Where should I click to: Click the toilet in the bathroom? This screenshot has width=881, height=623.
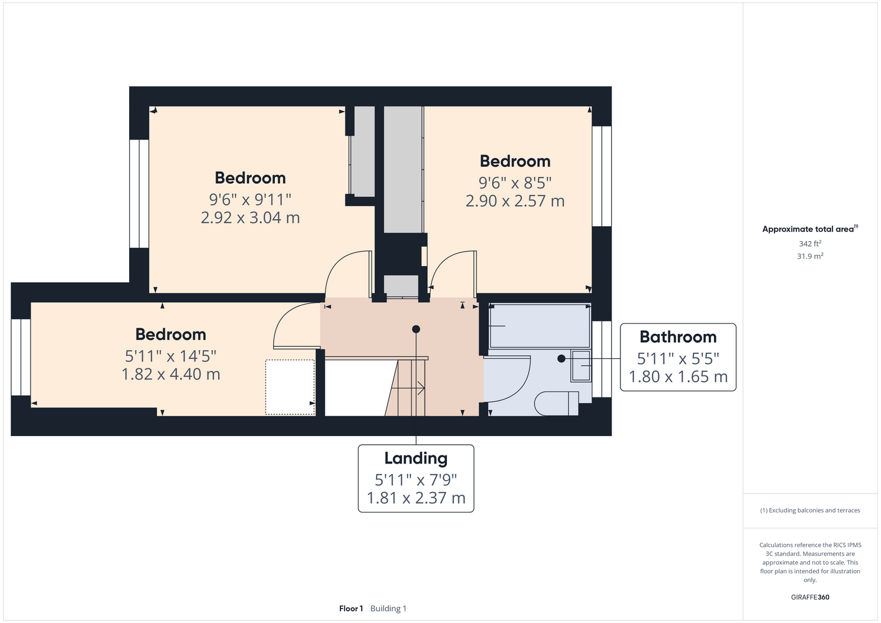pos(556,403)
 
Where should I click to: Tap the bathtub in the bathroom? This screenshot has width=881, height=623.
pos(539,326)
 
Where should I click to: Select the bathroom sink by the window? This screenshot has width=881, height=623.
pos(581,366)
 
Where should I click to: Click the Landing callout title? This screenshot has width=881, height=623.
pos(416,459)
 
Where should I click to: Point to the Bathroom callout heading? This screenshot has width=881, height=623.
pos(678,337)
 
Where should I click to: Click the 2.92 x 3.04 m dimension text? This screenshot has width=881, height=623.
pos(250,217)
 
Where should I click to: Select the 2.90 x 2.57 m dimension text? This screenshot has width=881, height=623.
pos(515,201)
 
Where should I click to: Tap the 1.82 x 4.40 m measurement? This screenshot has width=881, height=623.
pos(171,374)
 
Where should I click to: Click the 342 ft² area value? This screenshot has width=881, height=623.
pos(810,244)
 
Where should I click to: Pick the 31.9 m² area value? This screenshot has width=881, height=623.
pos(810,256)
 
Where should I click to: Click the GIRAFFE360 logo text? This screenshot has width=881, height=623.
pos(810,597)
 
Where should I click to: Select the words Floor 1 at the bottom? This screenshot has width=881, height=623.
pos(351,609)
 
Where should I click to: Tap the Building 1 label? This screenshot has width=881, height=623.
pos(388,609)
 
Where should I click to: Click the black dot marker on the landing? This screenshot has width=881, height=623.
pos(416,329)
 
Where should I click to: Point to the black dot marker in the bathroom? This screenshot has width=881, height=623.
pos(561,358)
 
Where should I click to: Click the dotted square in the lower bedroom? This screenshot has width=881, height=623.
pos(290,387)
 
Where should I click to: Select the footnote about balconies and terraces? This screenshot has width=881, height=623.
pos(810,510)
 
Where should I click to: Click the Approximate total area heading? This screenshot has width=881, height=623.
pos(810,229)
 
